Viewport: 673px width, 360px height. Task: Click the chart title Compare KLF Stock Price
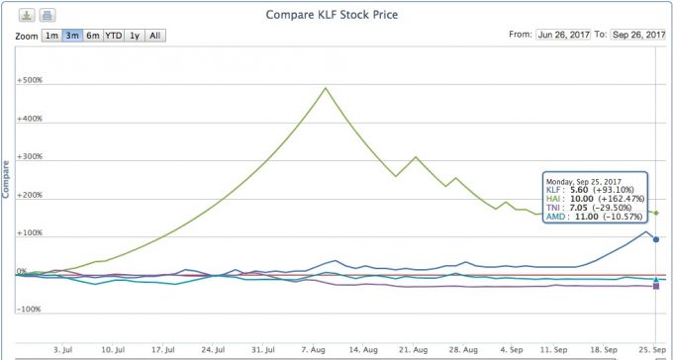tap(332, 15)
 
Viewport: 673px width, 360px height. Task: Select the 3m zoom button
tap(72, 36)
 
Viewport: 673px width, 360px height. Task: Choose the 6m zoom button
tap(93, 36)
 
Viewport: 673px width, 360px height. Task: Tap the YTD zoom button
tap(114, 36)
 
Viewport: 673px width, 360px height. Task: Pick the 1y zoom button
tap(135, 36)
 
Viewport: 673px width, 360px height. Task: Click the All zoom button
tap(155, 36)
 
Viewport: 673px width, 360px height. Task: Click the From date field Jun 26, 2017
tap(563, 35)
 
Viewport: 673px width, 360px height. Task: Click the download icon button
tap(27, 15)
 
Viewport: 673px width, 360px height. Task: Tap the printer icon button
tap(48, 15)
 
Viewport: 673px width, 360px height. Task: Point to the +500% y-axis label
tap(29, 80)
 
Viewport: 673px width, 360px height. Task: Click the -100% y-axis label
tap(29, 309)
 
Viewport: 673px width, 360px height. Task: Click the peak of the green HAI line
tap(326, 88)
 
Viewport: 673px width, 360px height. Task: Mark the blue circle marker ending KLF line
tap(656, 239)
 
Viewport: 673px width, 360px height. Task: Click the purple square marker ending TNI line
tap(656, 286)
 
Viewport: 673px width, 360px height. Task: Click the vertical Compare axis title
tap(6, 179)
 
